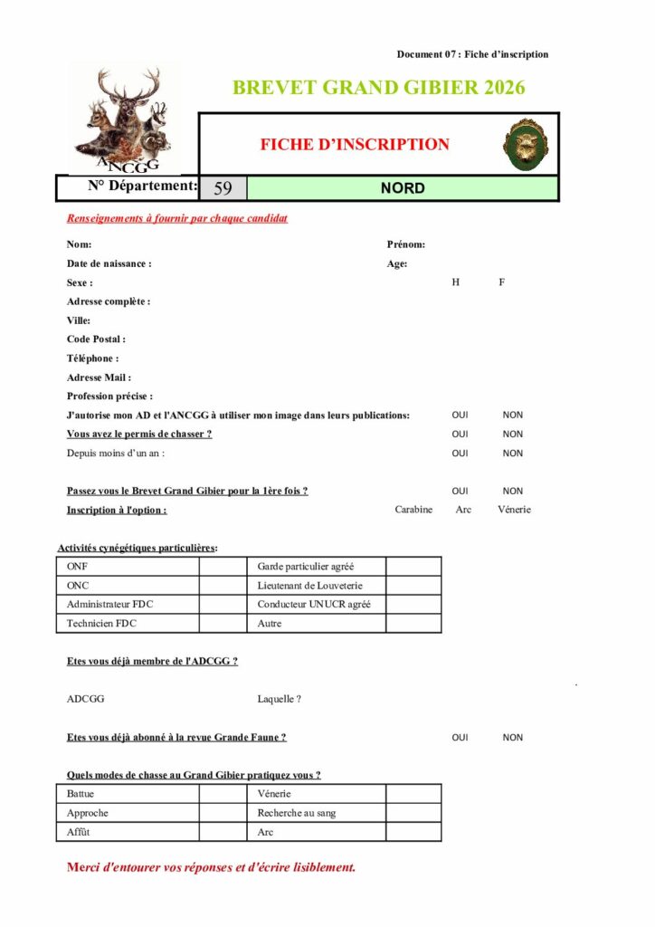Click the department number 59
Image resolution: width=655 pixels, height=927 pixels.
coord(223,188)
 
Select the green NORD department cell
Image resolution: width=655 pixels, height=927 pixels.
coord(403,188)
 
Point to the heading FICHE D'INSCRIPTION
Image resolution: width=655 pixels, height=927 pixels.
coord(355,144)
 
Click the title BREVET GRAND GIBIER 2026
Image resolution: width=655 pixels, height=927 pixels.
coord(378,88)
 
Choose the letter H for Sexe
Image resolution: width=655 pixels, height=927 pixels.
coord(456,282)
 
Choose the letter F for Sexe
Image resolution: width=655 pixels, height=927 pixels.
coord(501,282)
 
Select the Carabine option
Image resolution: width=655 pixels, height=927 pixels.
coord(413,510)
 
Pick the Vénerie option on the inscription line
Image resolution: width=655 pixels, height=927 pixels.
coord(514,510)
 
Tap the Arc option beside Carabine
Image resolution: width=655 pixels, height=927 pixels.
coord(463,510)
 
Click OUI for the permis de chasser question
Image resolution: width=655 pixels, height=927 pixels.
coord(460,435)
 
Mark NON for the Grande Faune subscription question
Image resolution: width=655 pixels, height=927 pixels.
coord(513,738)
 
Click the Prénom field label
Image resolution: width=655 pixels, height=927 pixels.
coord(405,244)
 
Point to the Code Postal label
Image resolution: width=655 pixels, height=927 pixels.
coord(96,339)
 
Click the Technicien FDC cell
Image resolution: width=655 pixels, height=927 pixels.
coord(102,624)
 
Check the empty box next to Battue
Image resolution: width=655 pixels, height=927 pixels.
coord(223,794)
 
